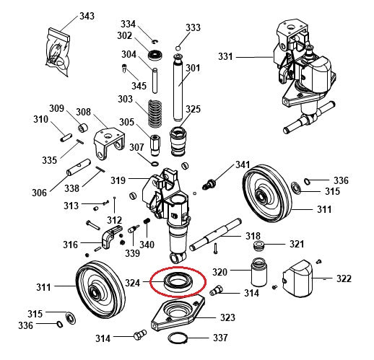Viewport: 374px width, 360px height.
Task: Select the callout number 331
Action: [x=226, y=56]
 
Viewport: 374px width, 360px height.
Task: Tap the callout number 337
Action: [x=220, y=338]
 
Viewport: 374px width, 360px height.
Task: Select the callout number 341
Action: [x=243, y=165]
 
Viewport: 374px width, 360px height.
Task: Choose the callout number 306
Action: [x=39, y=193]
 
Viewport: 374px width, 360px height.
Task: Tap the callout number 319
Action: [x=117, y=180]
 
